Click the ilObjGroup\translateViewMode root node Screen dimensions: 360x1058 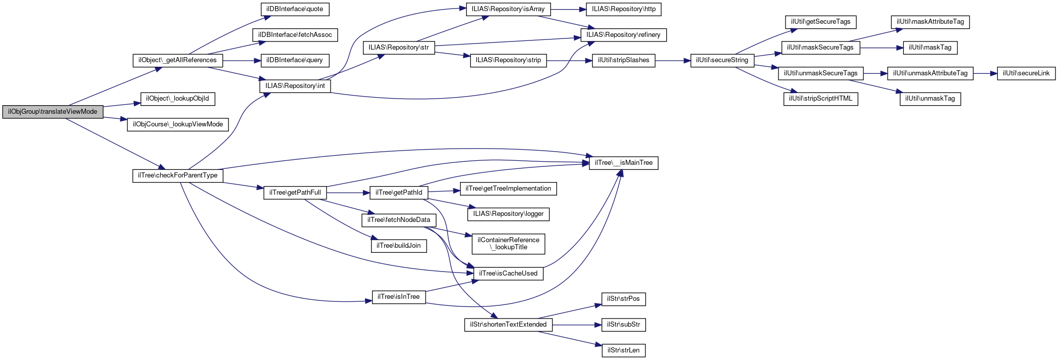[x=53, y=112]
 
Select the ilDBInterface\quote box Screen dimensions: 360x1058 [x=295, y=9]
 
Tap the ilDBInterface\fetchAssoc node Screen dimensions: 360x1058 [x=295, y=35]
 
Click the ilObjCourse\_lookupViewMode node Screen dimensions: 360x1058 [x=177, y=124]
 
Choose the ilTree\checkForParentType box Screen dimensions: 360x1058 [x=177, y=175]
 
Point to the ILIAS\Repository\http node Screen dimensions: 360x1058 [x=623, y=9]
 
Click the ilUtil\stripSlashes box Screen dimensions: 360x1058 [x=623, y=60]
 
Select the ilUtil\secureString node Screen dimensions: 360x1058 [x=722, y=60]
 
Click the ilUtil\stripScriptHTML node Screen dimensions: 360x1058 [x=820, y=99]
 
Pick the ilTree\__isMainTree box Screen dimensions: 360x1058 [x=623, y=163]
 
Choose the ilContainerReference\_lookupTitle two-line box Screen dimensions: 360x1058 [x=508, y=244]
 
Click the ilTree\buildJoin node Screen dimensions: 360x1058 [x=399, y=246]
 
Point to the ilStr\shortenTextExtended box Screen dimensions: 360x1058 [x=508, y=325]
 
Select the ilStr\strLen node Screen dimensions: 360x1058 [x=623, y=350]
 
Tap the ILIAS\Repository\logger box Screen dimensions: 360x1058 [x=508, y=214]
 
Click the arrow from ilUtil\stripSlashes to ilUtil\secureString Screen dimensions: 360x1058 [x=673, y=61]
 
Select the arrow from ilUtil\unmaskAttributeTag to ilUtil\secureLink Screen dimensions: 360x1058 [x=985, y=73]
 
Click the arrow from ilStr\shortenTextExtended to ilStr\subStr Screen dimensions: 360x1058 [x=577, y=325]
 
